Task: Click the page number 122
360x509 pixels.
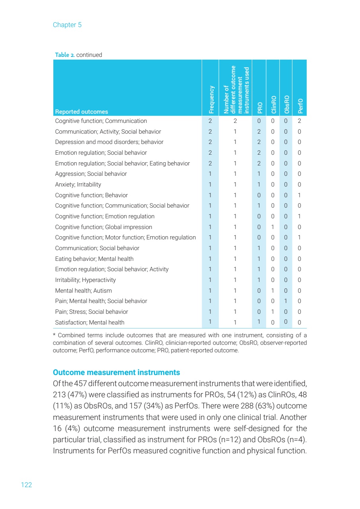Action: tap(26, 485)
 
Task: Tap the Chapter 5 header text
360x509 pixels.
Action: tap(67, 25)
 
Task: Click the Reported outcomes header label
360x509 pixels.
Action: tap(81, 112)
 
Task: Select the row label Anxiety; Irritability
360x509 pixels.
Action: tap(78, 185)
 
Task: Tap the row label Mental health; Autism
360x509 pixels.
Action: tap(83, 291)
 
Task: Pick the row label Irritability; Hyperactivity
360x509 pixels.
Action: tap(85, 280)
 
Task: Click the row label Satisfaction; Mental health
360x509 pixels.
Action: tap(90, 322)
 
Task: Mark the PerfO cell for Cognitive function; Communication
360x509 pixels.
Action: tap(299, 121)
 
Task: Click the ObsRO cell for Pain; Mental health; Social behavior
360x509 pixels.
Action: tap(286, 301)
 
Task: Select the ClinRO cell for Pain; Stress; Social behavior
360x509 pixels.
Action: tap(273, 312)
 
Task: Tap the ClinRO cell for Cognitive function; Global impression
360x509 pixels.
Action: tap(273, 227)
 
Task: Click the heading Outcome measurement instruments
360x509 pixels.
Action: tap(116, 373)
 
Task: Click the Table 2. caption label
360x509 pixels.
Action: tap(64, 55)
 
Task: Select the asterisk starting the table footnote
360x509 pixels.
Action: tap(54, 335)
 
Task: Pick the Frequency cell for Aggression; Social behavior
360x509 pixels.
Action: tap(210, 174)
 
